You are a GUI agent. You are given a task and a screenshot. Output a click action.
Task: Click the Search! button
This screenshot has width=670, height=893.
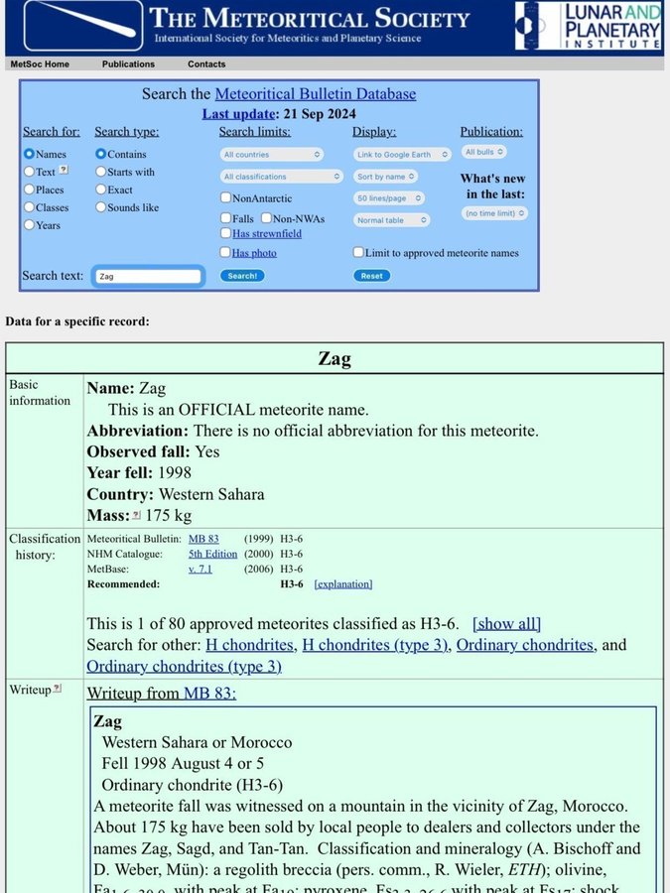pos(242,276)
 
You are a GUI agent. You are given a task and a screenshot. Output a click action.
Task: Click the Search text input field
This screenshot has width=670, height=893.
pos(148,276)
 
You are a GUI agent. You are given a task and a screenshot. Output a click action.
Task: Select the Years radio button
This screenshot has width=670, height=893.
pos(29,225)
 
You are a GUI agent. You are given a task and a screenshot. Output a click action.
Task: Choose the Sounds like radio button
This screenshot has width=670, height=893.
pos(100,207)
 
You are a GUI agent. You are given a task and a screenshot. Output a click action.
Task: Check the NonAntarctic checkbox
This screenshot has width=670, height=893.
pos(226,198)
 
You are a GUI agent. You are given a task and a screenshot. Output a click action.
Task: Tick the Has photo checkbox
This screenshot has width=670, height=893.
pos(226,253)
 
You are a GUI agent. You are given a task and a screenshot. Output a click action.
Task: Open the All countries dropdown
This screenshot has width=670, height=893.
pos(272,155)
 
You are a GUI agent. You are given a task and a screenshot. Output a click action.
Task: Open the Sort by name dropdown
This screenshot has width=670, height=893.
pos(385,177)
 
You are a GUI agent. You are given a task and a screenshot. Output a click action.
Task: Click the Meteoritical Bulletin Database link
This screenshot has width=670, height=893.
pos(315,94)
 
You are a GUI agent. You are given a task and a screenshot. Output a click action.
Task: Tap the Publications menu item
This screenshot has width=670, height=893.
pos(128,64)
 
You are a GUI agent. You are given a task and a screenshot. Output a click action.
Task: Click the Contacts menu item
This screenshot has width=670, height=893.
pos(206,64)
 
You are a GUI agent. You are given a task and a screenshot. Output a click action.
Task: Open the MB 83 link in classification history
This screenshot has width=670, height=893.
pos(203,539)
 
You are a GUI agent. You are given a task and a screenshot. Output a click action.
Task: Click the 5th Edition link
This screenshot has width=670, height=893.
pos(212,554)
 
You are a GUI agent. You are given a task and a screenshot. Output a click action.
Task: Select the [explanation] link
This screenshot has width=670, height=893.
pos(342,584)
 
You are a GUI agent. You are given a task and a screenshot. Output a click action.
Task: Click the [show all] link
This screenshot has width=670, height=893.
pos(506,623)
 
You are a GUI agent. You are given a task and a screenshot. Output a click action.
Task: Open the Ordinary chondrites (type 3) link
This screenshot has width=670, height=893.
pos(184,666)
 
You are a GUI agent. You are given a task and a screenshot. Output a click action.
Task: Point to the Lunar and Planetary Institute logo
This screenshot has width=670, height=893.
pos(588,27)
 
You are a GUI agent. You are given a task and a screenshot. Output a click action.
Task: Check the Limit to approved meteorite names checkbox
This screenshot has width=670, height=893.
pos(358,253)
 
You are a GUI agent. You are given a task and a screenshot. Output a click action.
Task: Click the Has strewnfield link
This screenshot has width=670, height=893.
pos(267,234)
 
